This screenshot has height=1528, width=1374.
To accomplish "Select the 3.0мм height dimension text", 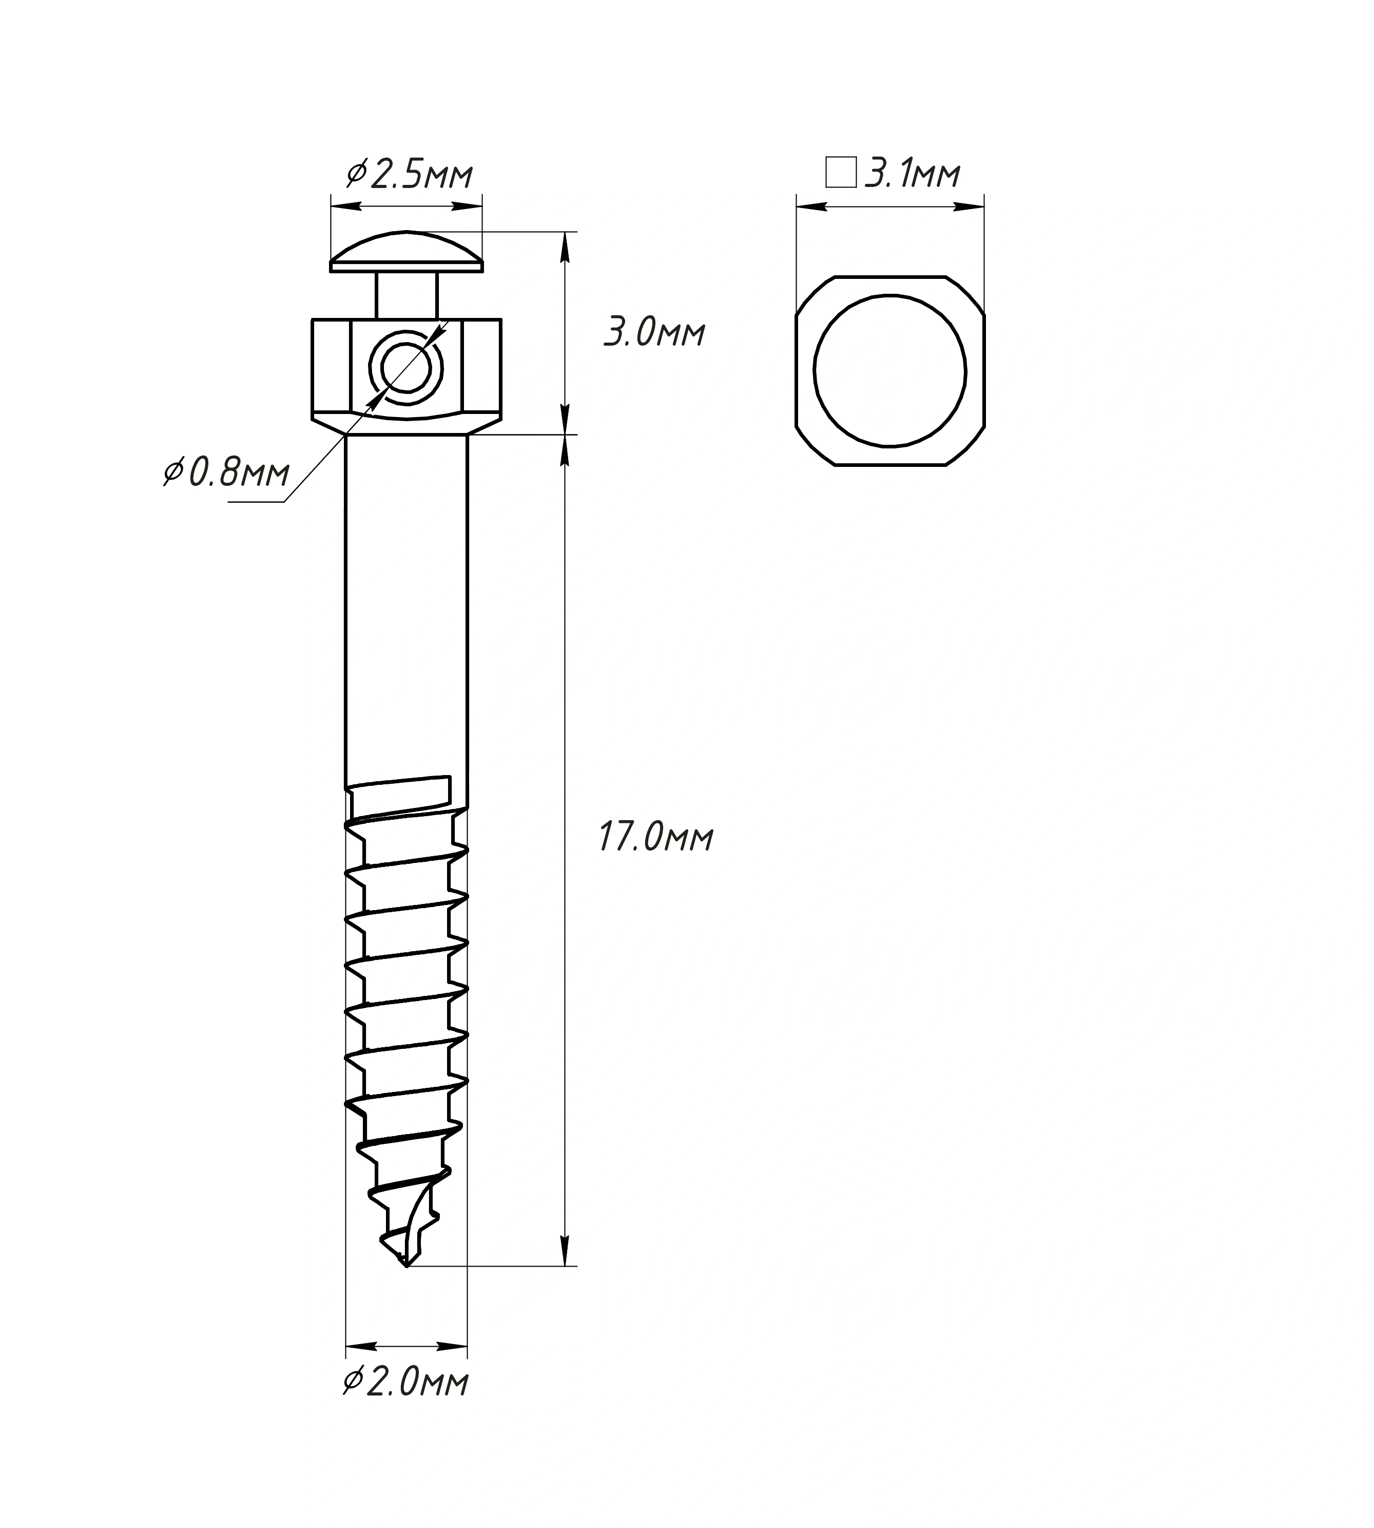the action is click(654, 333).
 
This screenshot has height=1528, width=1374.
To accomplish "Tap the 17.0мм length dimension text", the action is click(656, 838).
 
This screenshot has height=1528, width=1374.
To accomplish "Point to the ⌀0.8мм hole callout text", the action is click(226, 474).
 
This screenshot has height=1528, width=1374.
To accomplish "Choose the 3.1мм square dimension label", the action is click(912, 174).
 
